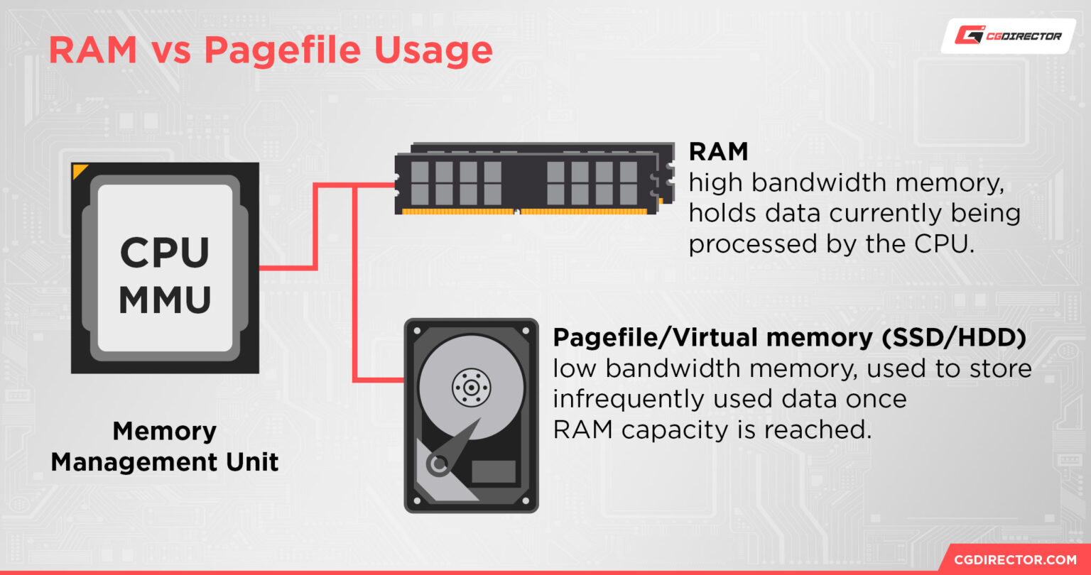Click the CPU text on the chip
click(x=165, y=253)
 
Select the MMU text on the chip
click(x=165, y=300)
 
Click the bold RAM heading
click(x=718, y=151)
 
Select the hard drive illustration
click(x=471, y=415)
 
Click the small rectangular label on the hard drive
click(x=494, y=471)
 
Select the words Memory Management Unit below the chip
click(x=165, y=447)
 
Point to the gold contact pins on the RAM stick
click(x=526, y=212)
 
